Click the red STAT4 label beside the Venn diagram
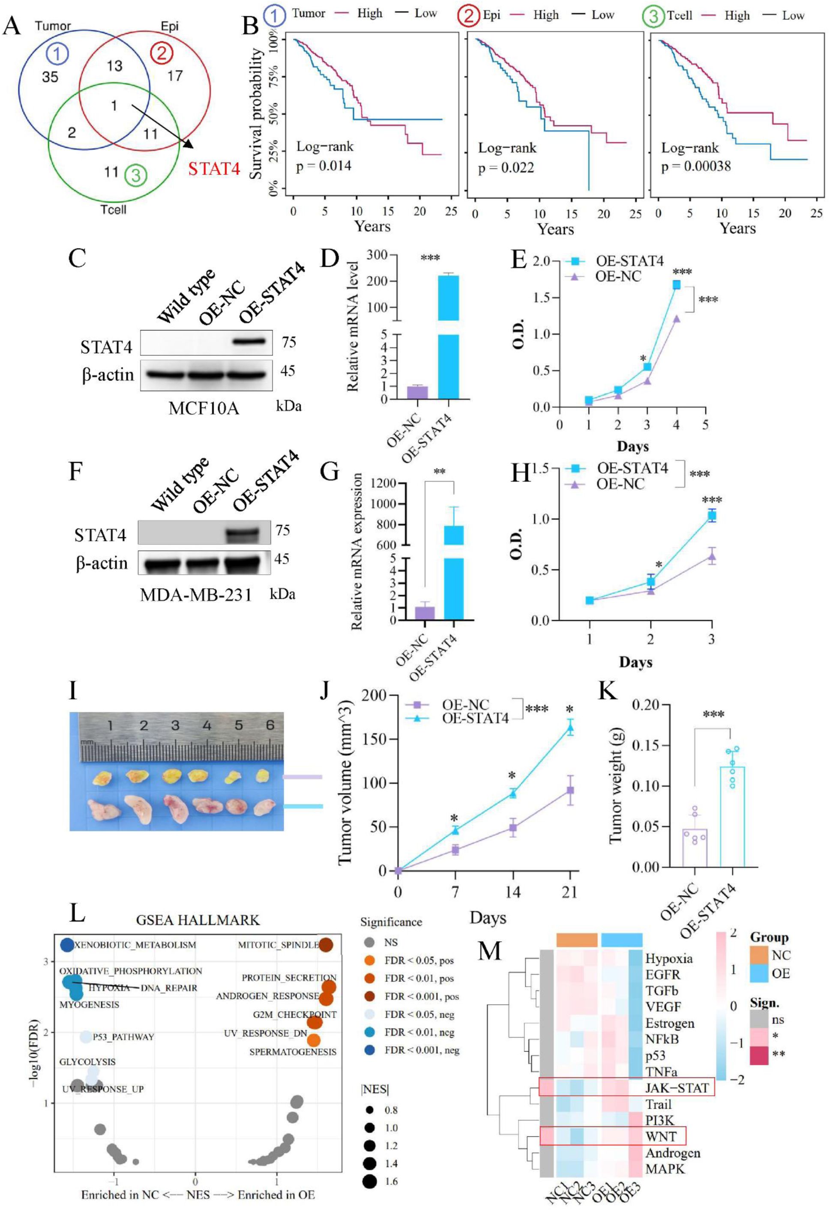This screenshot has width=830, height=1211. click(214, 169)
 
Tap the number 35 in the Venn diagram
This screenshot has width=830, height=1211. click(50, 77)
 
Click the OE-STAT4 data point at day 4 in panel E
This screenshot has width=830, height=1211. click(676, 284)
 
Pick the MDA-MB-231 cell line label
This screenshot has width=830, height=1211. click(196, 594)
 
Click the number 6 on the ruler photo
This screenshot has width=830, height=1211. click(270, 725)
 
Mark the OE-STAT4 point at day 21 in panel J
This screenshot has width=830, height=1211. click(570, 728)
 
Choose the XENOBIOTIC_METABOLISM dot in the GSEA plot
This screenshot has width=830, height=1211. click(67, 945)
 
